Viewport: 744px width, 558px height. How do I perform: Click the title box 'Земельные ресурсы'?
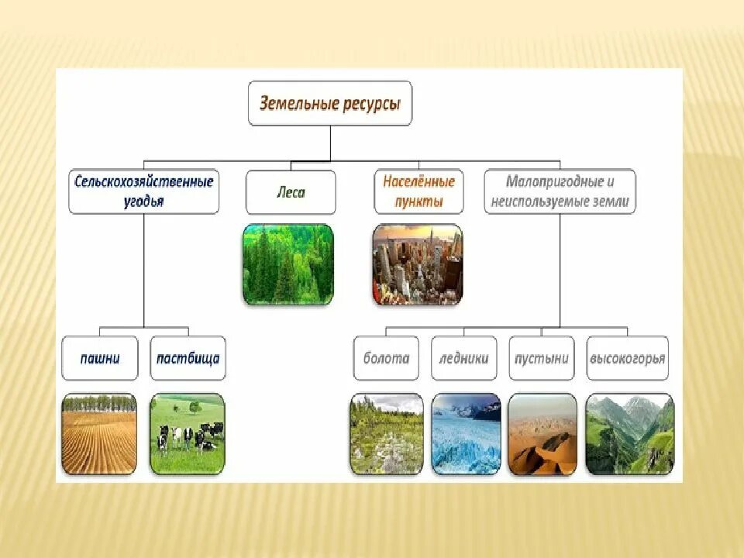point(330,103)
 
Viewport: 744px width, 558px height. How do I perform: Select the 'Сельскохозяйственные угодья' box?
point(144,191)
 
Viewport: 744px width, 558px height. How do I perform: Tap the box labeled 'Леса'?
point(291,192)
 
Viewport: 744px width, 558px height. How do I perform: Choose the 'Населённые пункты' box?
point(418,191)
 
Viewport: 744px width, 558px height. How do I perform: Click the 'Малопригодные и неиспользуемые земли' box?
point(560,191)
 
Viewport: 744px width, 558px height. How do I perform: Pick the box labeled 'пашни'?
point(100,358)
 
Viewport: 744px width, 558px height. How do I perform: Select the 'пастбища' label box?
point(188,358)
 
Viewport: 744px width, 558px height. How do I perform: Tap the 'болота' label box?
point(386,358)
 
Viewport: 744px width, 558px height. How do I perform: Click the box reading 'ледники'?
point(464,358)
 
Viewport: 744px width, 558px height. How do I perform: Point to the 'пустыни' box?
point(542,358)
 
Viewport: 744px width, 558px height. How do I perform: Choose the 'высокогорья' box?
point(627,358)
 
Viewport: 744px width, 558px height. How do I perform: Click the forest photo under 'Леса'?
point(288,264)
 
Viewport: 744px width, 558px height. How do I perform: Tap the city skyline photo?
point(418,264)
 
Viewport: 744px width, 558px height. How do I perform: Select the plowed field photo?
point(99,434)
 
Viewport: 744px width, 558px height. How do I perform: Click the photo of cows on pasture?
point(188,434)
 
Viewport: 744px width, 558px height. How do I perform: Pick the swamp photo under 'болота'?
point(387,434)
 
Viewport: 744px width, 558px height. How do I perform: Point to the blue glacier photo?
point(466,434)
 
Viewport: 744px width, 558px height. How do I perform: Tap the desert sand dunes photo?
point(542,434)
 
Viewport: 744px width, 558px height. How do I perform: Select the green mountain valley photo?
point(630,434)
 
